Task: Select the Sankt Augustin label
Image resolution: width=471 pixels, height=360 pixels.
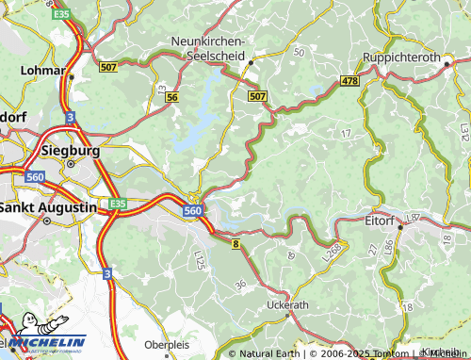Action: [48, 206]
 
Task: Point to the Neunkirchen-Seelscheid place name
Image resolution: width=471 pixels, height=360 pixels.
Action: [208, 49]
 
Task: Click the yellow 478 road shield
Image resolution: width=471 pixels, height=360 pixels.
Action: [350, 82]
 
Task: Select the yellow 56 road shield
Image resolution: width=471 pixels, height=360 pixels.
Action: [171, 97]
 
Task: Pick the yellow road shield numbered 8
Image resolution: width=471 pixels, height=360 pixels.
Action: [234, 244]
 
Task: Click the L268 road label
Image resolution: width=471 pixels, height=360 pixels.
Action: [331, 251]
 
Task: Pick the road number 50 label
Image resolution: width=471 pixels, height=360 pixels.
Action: [300, 52]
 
